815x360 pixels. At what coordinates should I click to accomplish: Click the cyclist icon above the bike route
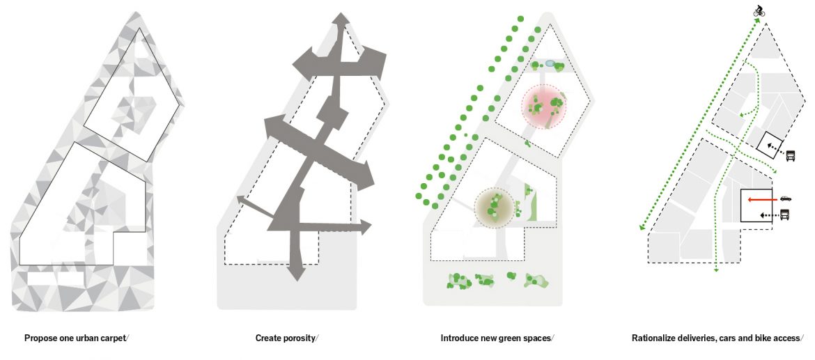pos(759,11)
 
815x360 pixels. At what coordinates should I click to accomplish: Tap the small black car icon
pos(786,198)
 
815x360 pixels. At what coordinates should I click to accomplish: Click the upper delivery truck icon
pos(791,156)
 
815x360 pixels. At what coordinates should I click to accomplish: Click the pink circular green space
pos(545,107)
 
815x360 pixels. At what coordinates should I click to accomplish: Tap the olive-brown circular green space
pos(494,207)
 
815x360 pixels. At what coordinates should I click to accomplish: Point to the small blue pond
pos(550,63)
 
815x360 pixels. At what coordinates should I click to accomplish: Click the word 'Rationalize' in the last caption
pos(654,338)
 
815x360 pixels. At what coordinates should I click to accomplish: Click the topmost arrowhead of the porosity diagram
pos(341,18)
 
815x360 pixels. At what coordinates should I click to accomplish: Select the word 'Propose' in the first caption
pos(40,338)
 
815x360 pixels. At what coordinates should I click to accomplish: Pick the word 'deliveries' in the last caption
pos(700,338)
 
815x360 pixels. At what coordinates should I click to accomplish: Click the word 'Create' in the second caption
pos(268,338)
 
